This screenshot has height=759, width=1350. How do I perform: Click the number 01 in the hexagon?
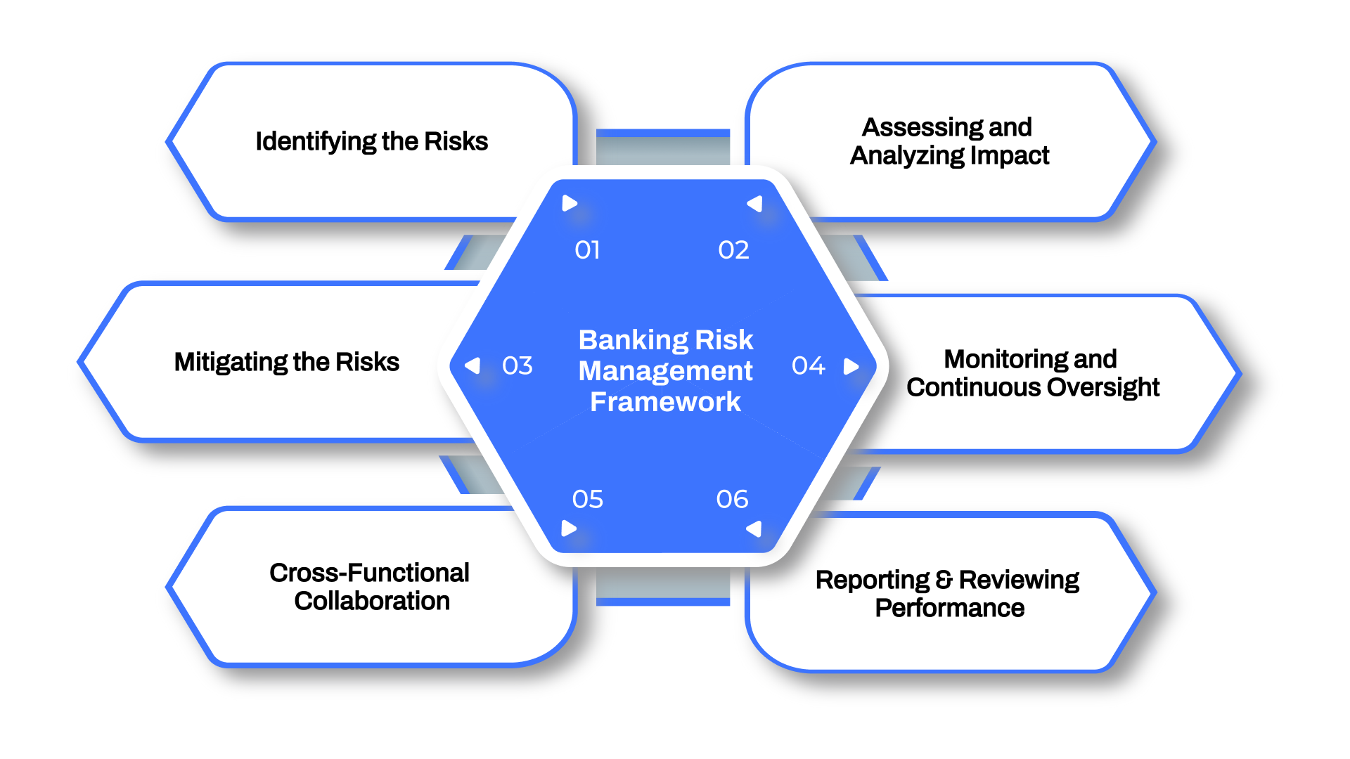click(587, 250)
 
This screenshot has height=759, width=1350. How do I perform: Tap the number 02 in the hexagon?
click(733, 250)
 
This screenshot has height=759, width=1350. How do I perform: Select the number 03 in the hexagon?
click(517, 366)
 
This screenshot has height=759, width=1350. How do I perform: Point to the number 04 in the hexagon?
click(808, 366)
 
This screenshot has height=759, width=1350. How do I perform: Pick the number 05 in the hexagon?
click(588, 500)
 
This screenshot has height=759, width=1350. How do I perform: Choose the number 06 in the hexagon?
click(732, 500)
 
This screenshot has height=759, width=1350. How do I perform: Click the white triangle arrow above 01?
click(570, 204)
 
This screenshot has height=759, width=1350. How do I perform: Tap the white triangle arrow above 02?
click(755, 204)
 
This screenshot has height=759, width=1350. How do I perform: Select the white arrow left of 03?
click(473, 365)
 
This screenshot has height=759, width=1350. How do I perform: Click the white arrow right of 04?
click(851, 366)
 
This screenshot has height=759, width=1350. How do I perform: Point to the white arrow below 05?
click(569, 528)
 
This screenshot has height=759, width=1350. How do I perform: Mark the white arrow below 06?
click(754, 528)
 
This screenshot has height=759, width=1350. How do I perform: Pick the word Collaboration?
click(372, 602)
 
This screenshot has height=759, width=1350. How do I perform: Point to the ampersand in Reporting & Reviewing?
click(944, 580)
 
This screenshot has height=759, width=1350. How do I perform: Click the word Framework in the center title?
click(665, 402)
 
